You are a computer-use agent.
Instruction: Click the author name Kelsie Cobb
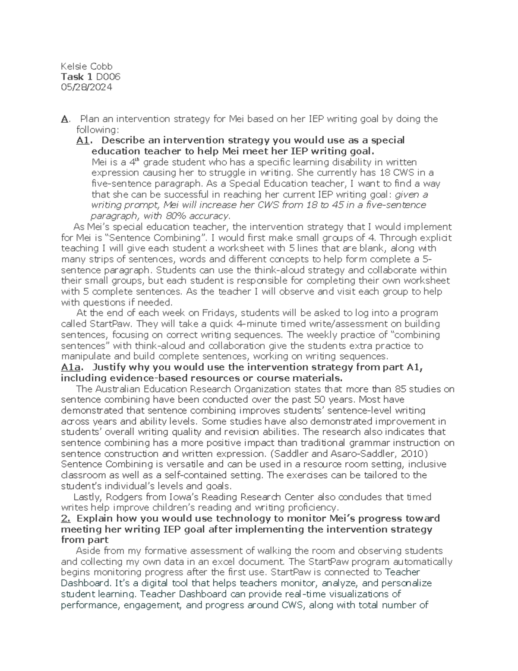[x=86, y=66]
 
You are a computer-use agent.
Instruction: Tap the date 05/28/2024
[x=86, y=87]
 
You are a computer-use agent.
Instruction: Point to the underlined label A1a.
[x=71, y=367]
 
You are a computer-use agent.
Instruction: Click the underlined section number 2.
[x=66, y=518]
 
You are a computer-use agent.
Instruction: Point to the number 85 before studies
[x=401, y=389]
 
